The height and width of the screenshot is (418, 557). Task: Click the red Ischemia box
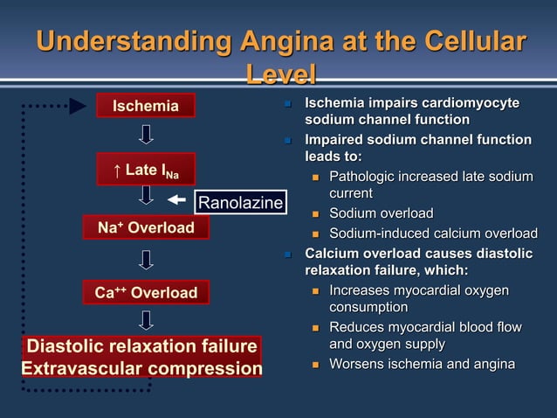(145, 107)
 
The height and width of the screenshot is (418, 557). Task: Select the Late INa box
(145, 170)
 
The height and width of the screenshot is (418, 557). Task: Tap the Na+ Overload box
(145, 228)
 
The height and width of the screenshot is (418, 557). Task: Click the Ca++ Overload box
(145, 292)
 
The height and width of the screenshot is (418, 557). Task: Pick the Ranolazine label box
(240, 204)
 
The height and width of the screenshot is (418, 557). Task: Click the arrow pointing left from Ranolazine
(176, 200)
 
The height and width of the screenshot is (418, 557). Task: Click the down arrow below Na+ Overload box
(146, 260)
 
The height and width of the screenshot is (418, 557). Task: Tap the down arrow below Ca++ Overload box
(146, 320)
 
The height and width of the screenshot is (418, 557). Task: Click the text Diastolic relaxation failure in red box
(142, 346)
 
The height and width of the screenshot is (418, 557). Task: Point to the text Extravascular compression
(141, 368)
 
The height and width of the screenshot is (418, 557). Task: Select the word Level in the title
(279, 75)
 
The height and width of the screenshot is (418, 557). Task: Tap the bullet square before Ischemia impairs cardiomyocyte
(285, 105)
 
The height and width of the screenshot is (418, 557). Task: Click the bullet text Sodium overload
(381, 213)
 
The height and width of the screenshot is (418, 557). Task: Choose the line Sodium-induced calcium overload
(433, 233)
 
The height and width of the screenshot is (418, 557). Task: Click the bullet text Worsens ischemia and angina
(421, 365)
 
